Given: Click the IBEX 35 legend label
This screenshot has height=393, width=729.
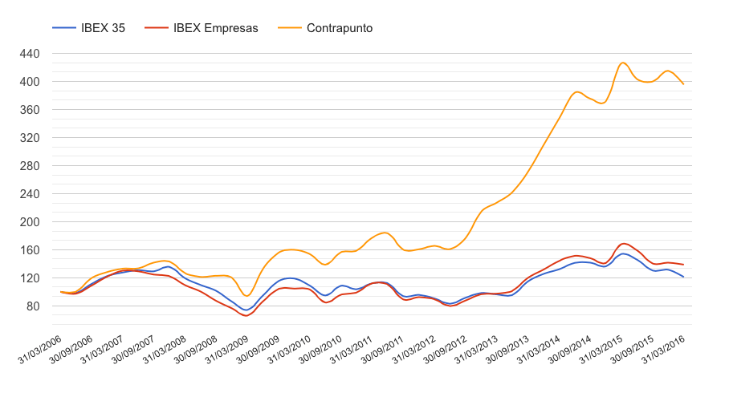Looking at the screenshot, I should pyautogui.click(x=104, y=28).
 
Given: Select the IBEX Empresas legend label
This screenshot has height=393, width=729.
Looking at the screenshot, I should pyautogui.click(x=215, y=28).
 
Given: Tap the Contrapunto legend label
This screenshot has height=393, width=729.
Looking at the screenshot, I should pyautogui.click(x=340, y=28).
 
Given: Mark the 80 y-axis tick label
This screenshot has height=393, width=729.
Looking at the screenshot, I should pyautogui.click(x=34, y=306).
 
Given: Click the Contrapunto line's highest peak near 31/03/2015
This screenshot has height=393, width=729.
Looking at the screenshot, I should pyautogui.click(x=622, y=63).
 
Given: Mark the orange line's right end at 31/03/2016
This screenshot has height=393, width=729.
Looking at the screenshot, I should pyautogui.click(x=683, y=84).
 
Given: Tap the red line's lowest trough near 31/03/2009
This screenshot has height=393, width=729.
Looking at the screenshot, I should pyautogui.click(x=246, y=316).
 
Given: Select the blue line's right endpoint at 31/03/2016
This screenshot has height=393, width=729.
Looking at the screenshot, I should pyautogui.click(x=683, y=277).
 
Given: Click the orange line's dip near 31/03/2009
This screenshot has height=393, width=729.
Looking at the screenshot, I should pyautogui.click(x=246, y=296).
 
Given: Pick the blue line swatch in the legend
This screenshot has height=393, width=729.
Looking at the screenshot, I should pyautogui.click(x=63, y=28).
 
